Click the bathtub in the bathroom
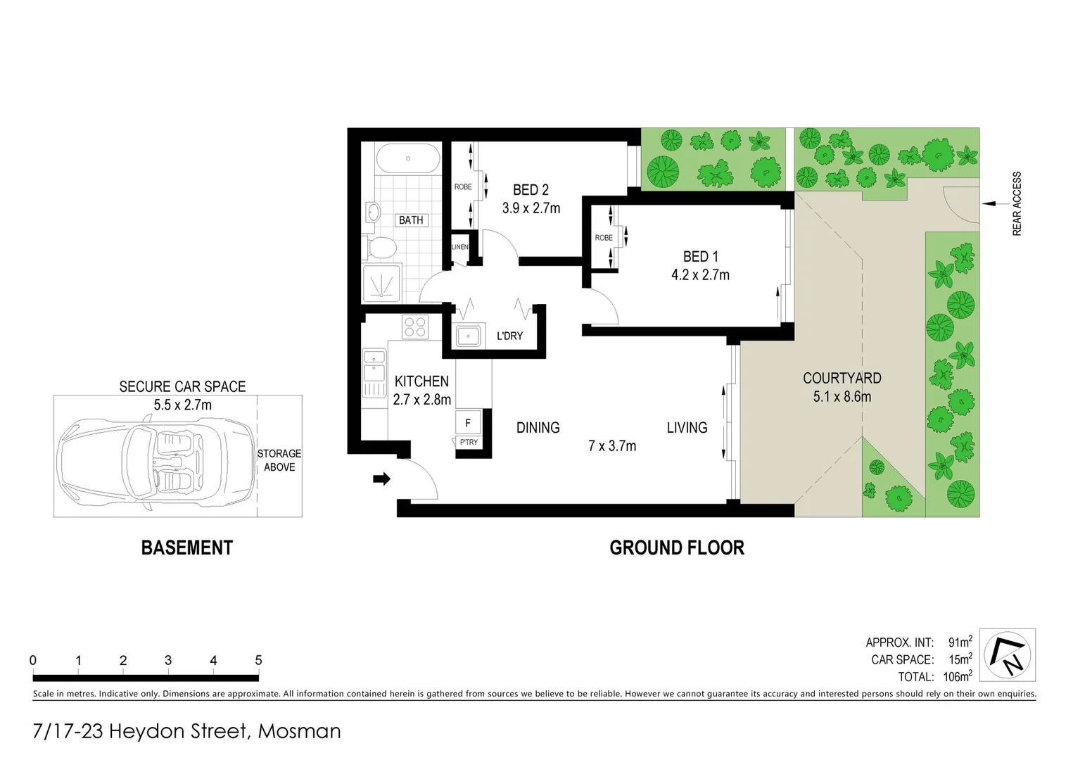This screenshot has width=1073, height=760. pos(407,158)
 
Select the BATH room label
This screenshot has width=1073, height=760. pos(411,220)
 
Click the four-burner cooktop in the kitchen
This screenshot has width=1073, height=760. pos(414,327)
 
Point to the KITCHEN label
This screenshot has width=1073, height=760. pos(421,381)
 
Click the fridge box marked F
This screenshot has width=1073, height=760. pos(468,423)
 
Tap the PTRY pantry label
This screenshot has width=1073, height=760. pos(468,442)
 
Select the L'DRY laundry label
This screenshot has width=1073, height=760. pos(509,336)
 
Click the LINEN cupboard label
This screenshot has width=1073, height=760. pos(459,247)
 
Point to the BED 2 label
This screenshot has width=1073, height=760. pos(531,190)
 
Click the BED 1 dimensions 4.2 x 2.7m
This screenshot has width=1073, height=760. pos(700,275)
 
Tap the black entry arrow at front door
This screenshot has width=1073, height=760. pos(381,479)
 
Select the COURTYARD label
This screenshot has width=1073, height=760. pos(842,378)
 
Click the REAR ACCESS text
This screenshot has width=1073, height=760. pos(1017,203)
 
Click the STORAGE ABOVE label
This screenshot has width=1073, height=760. pos(279,460)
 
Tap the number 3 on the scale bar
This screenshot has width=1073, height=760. pos(168,660)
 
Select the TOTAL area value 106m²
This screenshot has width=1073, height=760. pos(957,677)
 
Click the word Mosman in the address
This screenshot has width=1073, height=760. pos(299,731)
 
